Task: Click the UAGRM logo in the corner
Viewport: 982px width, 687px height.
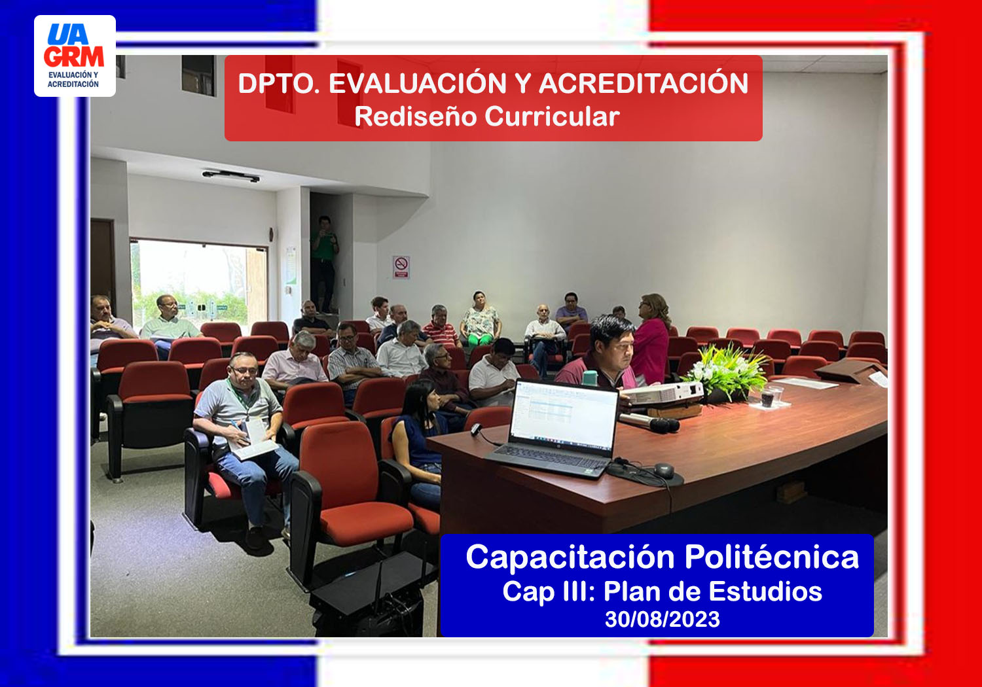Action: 75,56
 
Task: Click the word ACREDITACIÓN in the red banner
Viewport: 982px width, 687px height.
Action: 643,83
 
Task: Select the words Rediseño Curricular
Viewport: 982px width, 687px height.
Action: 487,116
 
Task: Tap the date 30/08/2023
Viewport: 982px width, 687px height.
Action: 663,620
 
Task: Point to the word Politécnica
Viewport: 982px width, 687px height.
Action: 772,557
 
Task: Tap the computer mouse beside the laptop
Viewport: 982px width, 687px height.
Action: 664,470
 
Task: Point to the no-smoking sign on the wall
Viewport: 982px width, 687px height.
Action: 401,267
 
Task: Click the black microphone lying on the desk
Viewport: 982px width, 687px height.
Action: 649,423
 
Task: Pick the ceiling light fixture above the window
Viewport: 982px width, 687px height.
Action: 231,176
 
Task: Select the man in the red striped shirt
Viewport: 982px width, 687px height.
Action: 441,326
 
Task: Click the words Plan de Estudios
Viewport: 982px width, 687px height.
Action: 713,592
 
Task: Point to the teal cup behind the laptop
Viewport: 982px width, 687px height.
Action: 590,378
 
